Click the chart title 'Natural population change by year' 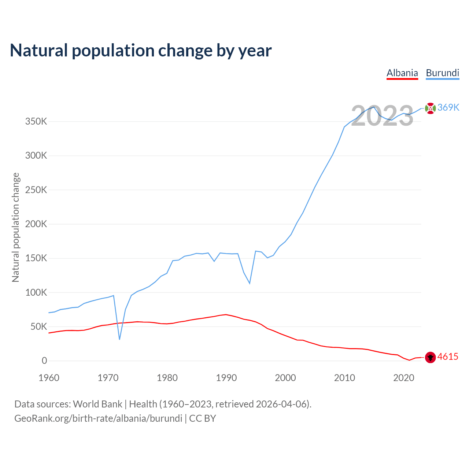pyautogui.click(x=141, y=51)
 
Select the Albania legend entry pyautogui.click(x=402, y=73)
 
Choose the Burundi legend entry pyautogui.click(x=442, y=73)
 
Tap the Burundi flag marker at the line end pyautogui.click(x=430, y=108)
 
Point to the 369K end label pyautogui.click(x=448, y=107)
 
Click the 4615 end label pyautogui.click(x=448, y=357)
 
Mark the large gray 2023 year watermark pyautogui.click(x=382, y=116)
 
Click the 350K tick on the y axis pyautogui.click(x=36, y=121)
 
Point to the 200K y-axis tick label pyautogui.click(x=36, y=224)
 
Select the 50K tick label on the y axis pyautogui.click(x=38, y=326)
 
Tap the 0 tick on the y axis pyautogui.click(x=44, y=361)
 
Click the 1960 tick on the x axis pyautogui.click(x=49, y=378)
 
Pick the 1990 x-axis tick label pyautogui.click(x=226, y=378)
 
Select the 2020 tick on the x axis pyautogui.click(x=403, y=378)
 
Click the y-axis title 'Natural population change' pyautogui.click(x=15, y=228)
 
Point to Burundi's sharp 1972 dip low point pyautogui.click(x=119, y=339)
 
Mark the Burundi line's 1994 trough pyautogui.click(x=250, y=283)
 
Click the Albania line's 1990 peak pyautogui.click(x=226, y=314)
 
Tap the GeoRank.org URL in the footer pyautogui.click(x=98, y=418)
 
